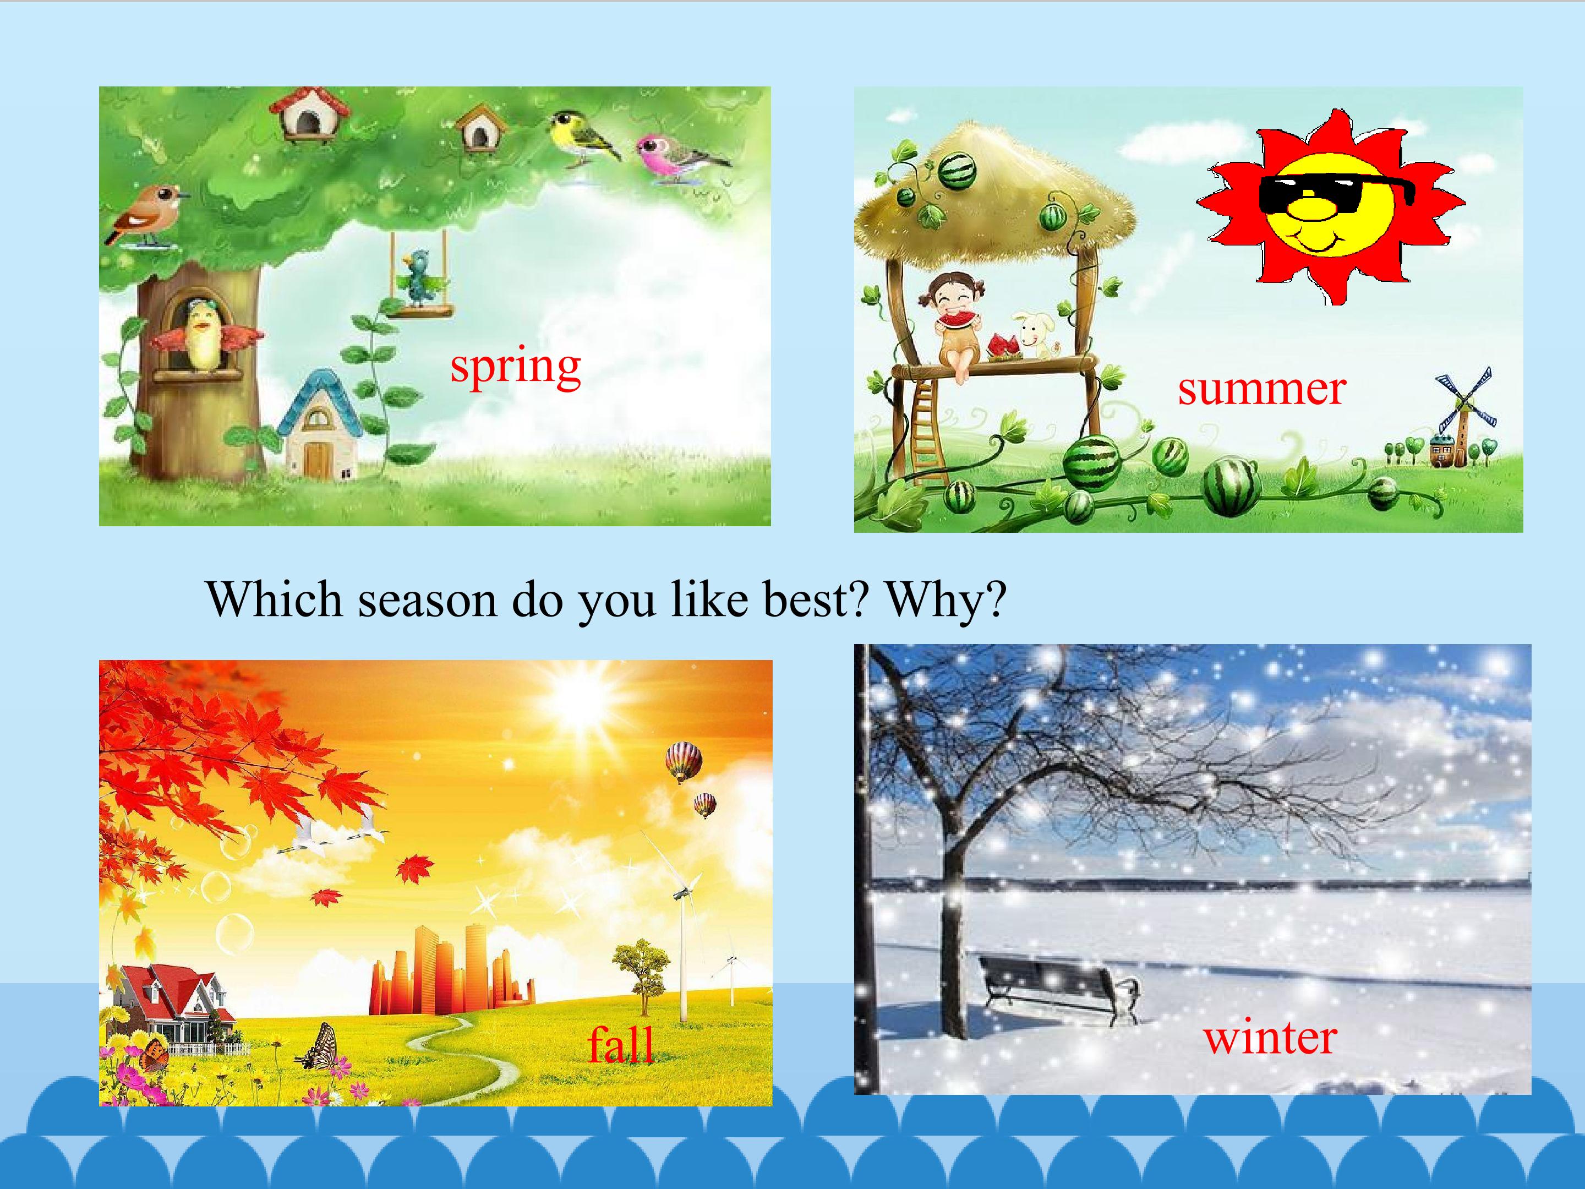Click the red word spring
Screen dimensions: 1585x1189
(x=515, y=368)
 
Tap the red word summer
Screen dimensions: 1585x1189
(x=1262, y=389)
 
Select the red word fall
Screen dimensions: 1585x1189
(x=621, y=1044)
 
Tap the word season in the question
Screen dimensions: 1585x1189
(x=427, y=601)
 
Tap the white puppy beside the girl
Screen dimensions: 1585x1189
(x=1035, y=335)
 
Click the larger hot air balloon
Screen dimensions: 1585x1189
(x=683, y=762)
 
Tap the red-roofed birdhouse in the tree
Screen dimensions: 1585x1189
(x=309, y=114)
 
